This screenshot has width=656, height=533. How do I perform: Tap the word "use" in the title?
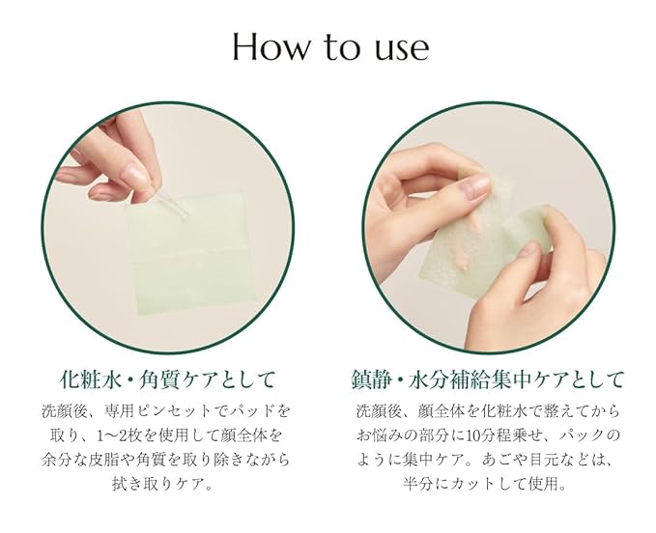tap(397, 48)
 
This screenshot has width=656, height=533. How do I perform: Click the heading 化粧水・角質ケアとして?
tap(167, 377)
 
